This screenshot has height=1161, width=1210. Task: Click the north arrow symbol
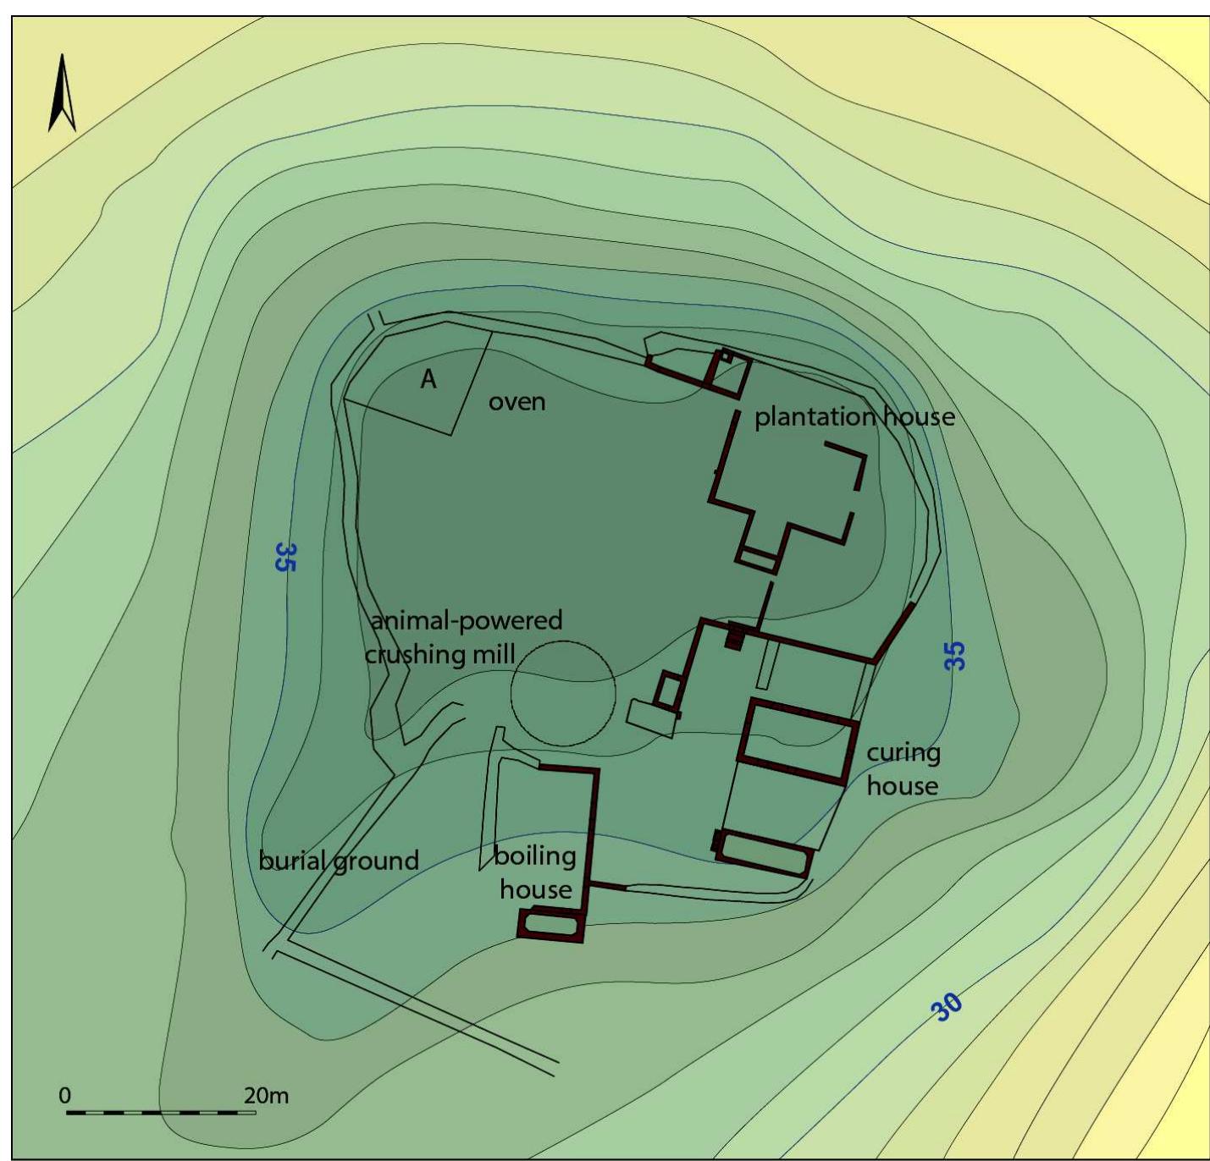point(62,94)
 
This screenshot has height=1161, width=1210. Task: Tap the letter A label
point(428,379)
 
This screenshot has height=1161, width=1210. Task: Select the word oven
point(517,402)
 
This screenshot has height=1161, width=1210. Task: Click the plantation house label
point(854,416)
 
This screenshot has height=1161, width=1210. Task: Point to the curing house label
point(903,769)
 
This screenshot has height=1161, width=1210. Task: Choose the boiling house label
point(535,872)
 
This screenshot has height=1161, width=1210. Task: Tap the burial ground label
point(339,861)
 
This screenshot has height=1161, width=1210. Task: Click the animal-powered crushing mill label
point(464,637)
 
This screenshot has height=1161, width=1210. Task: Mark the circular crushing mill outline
point(563,693)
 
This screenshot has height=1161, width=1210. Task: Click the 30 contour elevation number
point(947,1006)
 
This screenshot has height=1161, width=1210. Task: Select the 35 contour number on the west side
point(285,557)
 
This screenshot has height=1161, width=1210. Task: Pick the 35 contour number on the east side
point(954,656)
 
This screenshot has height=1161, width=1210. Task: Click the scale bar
point(161,1112)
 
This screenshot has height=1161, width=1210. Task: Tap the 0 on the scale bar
point(65,1095)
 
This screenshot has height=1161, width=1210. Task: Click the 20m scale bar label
point(266,1095)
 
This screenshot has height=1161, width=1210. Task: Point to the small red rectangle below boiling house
point(551,925)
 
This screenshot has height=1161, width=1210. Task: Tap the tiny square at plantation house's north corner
point(726,357)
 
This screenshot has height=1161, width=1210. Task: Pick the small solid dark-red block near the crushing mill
point(734,637)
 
